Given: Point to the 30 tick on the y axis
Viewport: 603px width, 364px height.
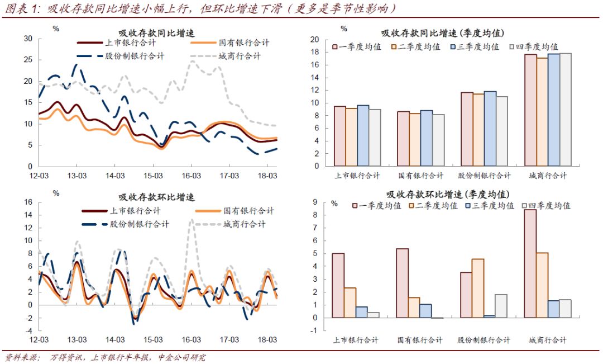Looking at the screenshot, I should (x=28, y=39).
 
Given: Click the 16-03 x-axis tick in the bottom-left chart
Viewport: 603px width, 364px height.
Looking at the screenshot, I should (x=192, y=340).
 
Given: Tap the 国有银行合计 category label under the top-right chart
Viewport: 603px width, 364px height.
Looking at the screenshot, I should (x=420, y=176).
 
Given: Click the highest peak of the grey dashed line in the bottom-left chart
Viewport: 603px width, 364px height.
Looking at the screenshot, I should (x=192, y=220).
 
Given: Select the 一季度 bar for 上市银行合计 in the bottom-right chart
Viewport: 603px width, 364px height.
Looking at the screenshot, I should (x=338, y=285).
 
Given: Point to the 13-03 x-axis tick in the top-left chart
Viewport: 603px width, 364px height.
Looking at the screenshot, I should (x=76, y=176).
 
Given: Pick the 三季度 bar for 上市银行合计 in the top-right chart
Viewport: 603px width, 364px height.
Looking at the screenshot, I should (x=362, y=135).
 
